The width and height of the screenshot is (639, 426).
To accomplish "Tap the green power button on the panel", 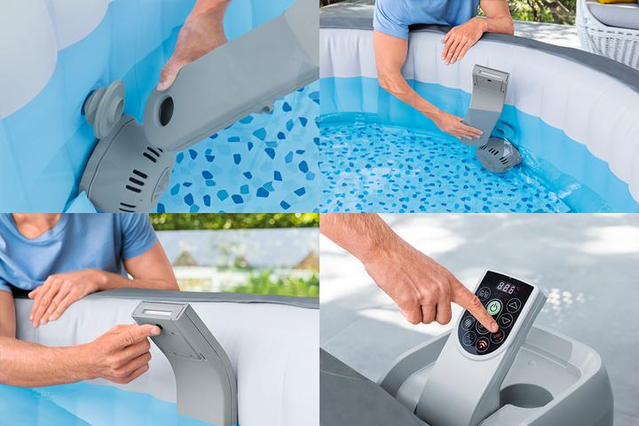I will [493, 307].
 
